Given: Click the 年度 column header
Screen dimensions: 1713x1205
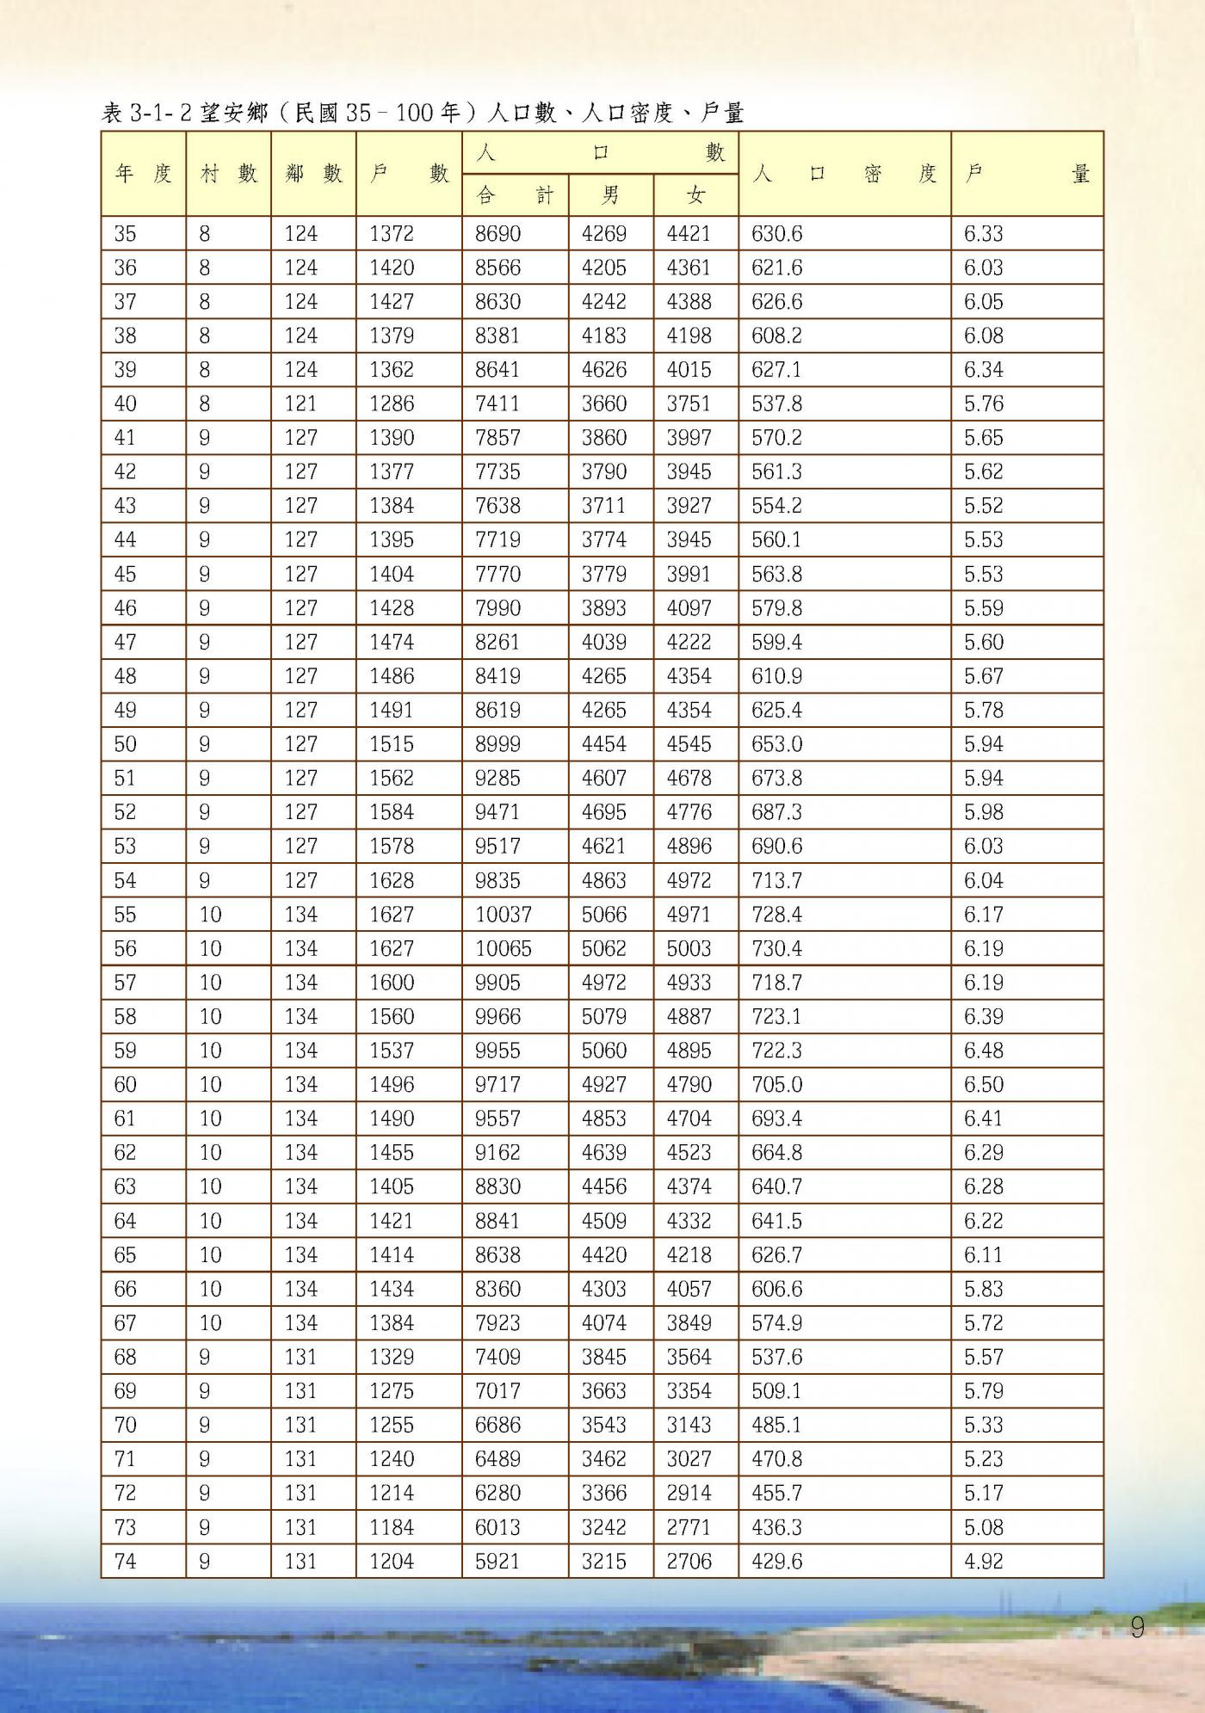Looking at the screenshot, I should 144,174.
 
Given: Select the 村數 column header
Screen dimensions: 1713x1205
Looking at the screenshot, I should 228,174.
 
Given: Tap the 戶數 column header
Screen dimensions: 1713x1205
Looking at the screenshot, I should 409,174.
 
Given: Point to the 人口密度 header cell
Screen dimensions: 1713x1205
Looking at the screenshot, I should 844,174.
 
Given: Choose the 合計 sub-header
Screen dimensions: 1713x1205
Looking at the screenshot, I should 515,195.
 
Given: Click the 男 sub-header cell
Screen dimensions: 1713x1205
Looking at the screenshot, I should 610,195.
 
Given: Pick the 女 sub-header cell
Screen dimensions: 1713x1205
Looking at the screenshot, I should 695,195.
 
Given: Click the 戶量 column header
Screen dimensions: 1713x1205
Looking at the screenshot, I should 1027,174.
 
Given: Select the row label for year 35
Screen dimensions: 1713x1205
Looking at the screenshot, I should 126,234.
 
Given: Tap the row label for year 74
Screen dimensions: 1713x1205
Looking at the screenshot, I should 126,1561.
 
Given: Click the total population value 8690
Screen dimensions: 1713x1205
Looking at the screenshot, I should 497,234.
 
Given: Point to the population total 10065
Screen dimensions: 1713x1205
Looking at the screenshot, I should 504,948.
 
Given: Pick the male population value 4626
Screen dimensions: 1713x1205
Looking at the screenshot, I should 604,370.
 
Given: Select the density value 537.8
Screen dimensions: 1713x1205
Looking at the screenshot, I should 776,404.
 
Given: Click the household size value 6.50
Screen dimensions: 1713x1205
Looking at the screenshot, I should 984,1084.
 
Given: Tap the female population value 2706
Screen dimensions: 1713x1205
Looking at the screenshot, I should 689,1561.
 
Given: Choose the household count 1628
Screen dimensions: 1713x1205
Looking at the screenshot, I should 392,880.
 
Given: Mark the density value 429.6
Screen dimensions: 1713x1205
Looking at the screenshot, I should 776,1561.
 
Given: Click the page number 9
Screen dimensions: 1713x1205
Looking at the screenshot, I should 1138,1628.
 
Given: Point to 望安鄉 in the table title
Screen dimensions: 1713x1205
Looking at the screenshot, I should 233,113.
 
